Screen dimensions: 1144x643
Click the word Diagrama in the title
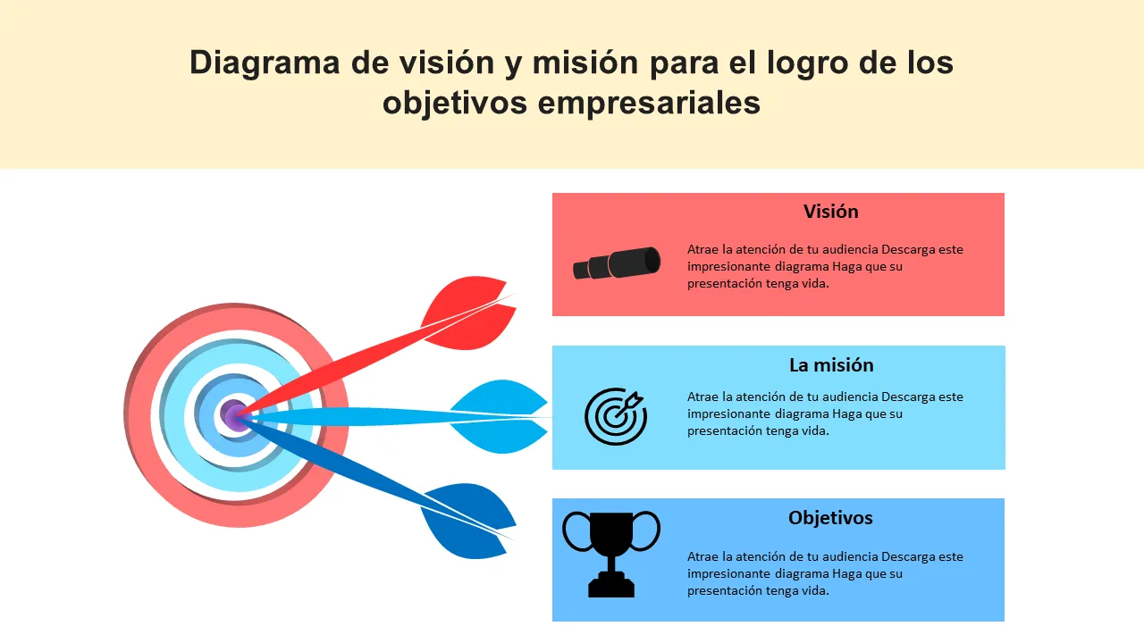click(x=265, y=63)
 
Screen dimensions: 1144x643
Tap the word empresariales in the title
click(x=649, y=104)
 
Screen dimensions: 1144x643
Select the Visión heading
click(x=831, y=212)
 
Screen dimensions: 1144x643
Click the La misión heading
click(x=831, y=365)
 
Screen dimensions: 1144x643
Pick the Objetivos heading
click(x=830, y=518)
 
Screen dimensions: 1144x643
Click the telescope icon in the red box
click(x=617, y=263)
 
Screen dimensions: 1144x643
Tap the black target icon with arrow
click(x=616, y=416)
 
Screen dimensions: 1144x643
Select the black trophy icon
click(x=611, y=555)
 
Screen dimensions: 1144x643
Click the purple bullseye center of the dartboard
click(x=234, y=415)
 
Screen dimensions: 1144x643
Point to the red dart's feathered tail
click(x=469, y=313)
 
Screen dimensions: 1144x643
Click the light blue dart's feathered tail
click(x=499, y=416)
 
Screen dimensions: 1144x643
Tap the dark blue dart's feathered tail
click(x=469, y=521)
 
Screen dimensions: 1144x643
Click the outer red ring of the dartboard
click(x=140, y=416)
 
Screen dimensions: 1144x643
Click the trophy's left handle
click(x=577, y=531)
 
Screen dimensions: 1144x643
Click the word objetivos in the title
click(x=455, y=104)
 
